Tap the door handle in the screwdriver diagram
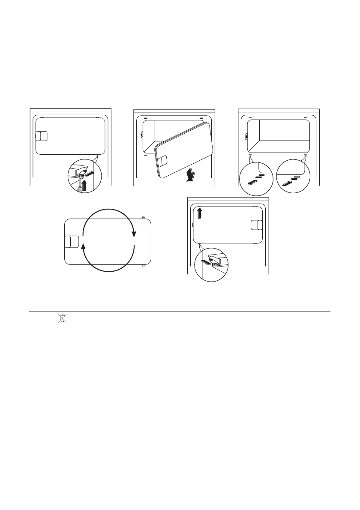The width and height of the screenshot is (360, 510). [41, 136]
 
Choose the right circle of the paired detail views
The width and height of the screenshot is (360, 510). [291, 176]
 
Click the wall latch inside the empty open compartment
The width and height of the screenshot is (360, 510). [246, 137]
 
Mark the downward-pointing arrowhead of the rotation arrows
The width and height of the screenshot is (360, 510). [135, 234]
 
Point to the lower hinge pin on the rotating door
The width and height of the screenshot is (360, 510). [143, 266]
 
